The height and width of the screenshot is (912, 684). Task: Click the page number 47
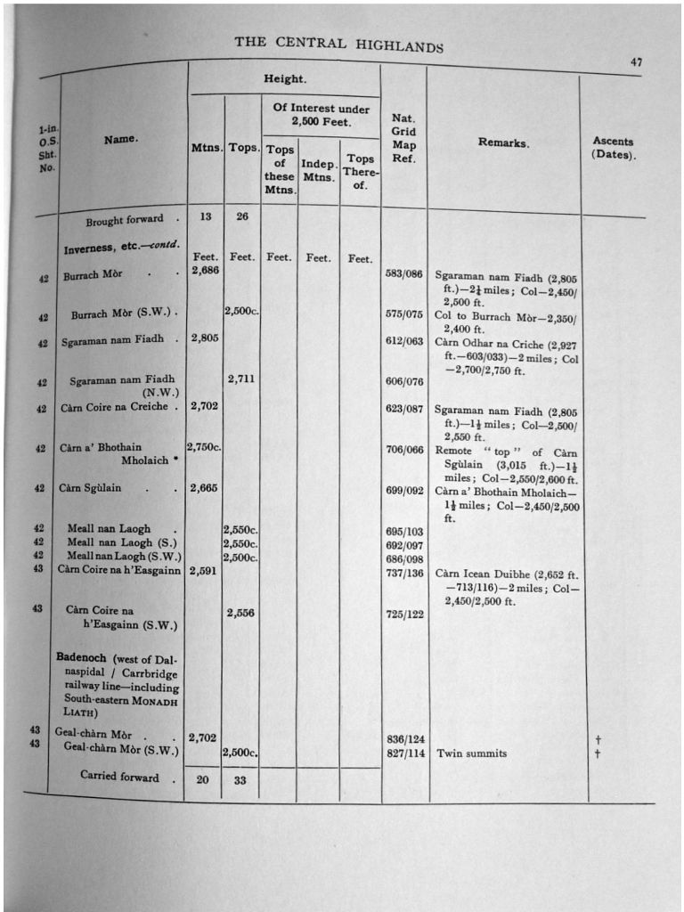636,61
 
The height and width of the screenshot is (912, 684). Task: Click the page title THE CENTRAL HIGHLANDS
338,44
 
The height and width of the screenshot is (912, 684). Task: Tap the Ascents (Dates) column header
613,148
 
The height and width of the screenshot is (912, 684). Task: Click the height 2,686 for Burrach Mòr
205,271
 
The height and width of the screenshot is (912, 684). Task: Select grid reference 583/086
403,274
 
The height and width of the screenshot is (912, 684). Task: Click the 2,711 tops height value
241,379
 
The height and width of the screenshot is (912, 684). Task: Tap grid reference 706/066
403,450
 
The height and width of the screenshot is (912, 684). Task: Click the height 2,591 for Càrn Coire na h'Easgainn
205,571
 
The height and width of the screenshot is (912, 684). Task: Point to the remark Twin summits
471,753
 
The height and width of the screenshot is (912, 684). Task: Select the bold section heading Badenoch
81,657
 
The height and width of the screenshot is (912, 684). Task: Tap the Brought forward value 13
205,216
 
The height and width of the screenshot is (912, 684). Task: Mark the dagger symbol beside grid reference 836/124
597,738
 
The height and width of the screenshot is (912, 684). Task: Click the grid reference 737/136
403,574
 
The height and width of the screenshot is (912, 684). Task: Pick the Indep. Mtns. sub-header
318,170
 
